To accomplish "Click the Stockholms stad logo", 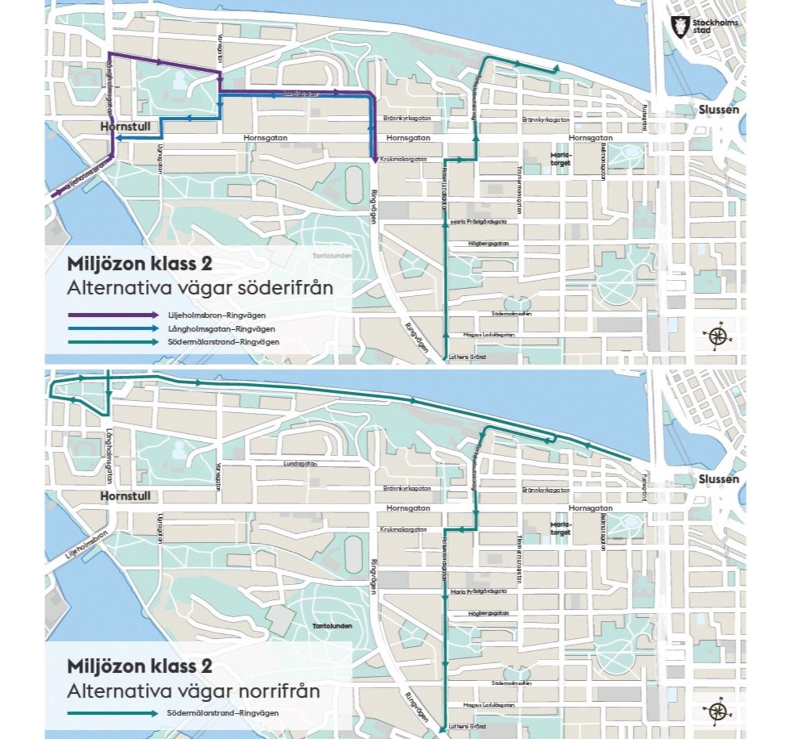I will coord(704,27).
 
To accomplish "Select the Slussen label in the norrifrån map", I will coord(719,479).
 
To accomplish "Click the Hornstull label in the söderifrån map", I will coord(125,126).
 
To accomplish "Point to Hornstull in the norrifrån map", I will coord(125,496).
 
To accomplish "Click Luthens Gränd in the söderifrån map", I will coord(467,357).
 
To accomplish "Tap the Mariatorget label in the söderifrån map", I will coord(560,159).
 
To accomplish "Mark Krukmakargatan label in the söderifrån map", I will coord(404,159).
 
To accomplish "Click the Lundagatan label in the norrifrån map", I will coord(300,463).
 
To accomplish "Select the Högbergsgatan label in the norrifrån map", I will coord(488,613).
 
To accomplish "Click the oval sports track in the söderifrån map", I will coord(354,184).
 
